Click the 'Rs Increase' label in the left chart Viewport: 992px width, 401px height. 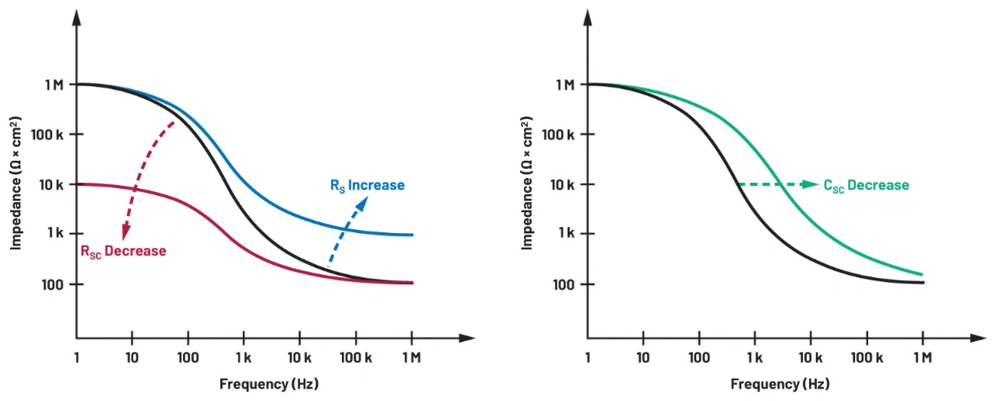tap(362, 185)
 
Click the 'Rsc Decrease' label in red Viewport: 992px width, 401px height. tap(123, 251)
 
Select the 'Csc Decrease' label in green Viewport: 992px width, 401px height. tap(866, 185)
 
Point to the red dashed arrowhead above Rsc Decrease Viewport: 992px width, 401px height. tap(125, 233)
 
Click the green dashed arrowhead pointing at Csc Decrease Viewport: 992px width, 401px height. tap(811, 184)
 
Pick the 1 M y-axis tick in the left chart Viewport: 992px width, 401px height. tap(53, 84)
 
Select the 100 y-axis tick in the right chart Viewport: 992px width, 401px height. tap(566, 284)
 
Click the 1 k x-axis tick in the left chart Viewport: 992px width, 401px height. tap(243, 358)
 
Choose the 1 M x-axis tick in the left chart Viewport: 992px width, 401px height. tap(411, 358)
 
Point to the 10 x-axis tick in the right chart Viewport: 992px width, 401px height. tap(642, 358)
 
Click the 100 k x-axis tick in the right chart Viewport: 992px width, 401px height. tap(866, 358)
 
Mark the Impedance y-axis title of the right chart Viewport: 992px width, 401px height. tap(527, 183)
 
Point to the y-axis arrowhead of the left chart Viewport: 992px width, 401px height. tap(76, 17)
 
